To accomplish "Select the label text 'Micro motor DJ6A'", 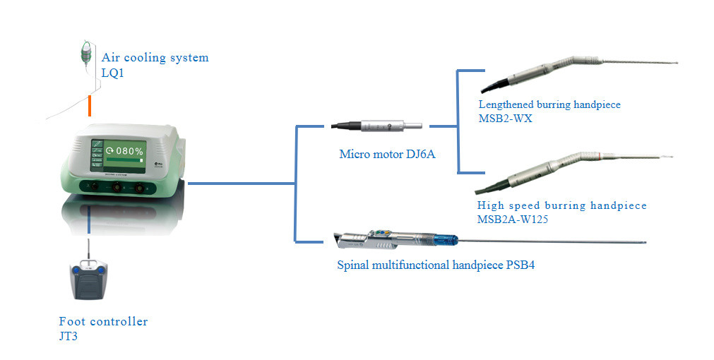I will point(387,153).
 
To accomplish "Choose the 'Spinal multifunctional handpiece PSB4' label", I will point(441,265).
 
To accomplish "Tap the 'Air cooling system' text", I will point(155,58).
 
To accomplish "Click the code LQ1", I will point(113,73).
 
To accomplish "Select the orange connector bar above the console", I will point(90,105).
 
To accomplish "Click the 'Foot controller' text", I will point(103,322).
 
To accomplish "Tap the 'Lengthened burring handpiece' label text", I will point(549,104).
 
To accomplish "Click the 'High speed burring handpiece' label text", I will point(561,205).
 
